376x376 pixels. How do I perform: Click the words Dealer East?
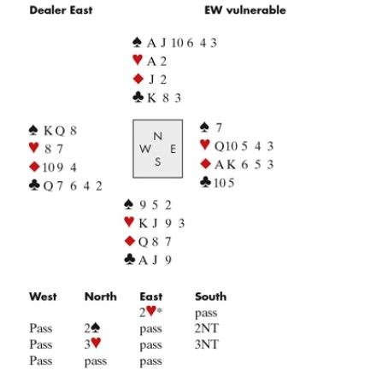click(x=61, y=10)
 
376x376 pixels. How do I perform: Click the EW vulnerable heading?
click(x=245, y=10)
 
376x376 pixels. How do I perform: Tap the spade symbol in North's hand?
click(x=137, y=43)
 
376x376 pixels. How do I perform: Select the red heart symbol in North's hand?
click(x=138, y=60)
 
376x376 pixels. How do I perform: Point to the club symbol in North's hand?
click(x=138, y=97)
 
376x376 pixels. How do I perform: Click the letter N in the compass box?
click(x=158, y=136)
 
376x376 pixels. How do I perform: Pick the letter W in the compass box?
click(x=145, y=149)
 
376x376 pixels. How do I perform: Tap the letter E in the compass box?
click(x=173, y=149)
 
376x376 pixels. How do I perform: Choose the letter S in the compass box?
click(x=158, y=162)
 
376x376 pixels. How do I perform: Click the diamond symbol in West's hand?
click(x=34, y=167)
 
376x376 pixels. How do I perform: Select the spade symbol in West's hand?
click(x=33, y=130)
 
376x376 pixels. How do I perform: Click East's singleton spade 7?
click(x=219, y=127)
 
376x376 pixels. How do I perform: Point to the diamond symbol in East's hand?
click(x=206, y=164)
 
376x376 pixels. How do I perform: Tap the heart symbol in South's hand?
click(x=129, y=221)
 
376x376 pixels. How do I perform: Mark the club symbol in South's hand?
click(x=130, y=260)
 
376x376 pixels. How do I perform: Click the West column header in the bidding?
click(x=43, y=297)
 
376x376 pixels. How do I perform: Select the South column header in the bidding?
click(x=211, y=297)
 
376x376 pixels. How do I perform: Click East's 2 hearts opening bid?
click(x=150, y=312)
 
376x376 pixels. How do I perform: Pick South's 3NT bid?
click(x=207, y=344)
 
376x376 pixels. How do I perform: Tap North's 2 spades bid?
click(x=92, y=328)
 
